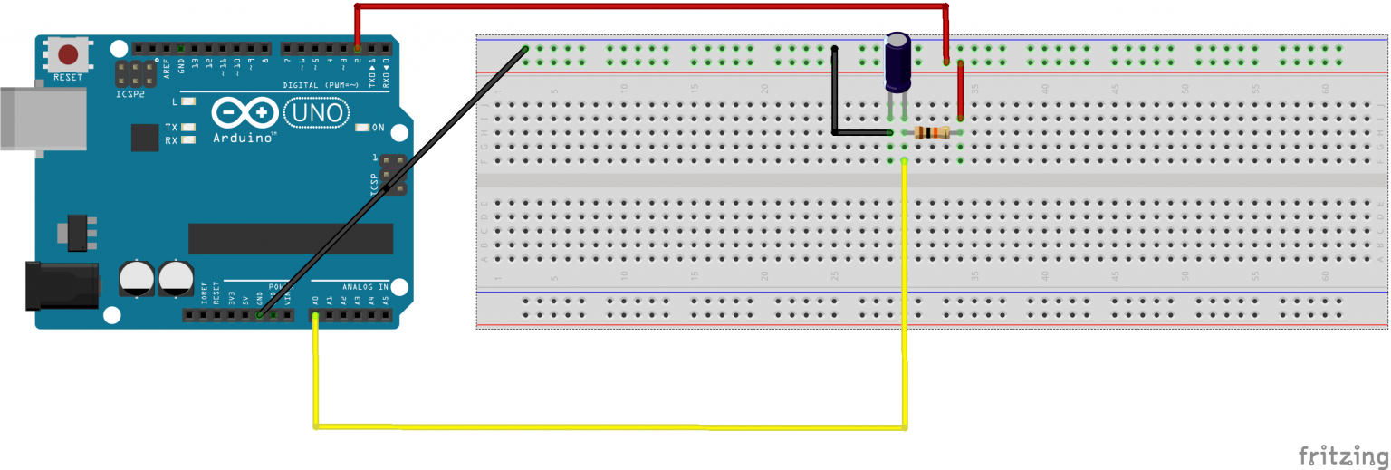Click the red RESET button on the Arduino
72,54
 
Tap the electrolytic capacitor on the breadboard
897,62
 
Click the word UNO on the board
315,113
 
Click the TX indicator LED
187,128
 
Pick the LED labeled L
187,101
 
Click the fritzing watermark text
1341,454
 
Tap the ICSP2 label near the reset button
130,92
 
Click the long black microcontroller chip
290,239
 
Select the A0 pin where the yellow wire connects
315,316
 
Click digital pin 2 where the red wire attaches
358,47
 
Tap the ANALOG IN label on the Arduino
365,287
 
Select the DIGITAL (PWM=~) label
312,84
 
